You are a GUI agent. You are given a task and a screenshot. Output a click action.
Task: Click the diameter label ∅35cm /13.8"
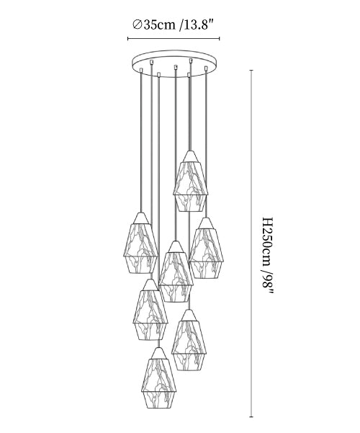coord(174,25)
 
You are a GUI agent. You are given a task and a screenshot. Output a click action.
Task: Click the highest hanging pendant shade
coord(190,181)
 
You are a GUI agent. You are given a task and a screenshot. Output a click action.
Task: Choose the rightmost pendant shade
coord(206,248)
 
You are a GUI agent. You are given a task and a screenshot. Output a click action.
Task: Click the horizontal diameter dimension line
coord(174,39)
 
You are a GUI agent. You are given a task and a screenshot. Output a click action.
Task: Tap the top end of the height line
coord(251,71)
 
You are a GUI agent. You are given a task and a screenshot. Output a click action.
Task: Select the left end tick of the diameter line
coord(128,39)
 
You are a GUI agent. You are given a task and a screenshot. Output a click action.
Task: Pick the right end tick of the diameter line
coord(220,39)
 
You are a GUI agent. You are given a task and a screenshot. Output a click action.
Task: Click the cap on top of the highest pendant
coord(190,156)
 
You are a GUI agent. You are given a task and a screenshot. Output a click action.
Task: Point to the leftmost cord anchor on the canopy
coord(141,70)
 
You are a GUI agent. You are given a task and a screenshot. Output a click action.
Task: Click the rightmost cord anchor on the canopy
coord(206,68)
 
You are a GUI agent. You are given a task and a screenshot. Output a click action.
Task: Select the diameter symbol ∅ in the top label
coord(137,25)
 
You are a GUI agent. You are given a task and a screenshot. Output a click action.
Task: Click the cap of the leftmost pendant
coord(141,218)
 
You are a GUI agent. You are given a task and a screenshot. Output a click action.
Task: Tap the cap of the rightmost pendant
coord(206,223)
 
